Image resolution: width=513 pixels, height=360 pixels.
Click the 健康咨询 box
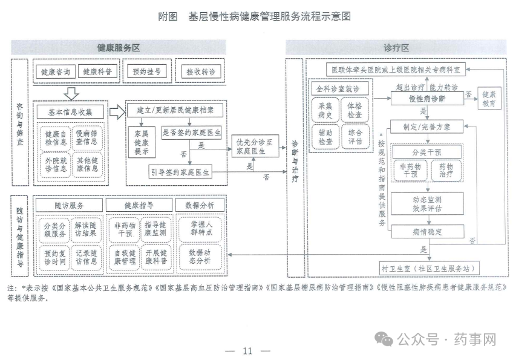[x=56, y=72]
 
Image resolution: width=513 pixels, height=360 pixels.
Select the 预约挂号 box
[x=146, y=72]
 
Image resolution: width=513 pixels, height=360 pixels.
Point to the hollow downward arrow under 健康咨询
[x=71, y=93]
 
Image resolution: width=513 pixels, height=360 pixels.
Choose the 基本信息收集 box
[x=70, y=111]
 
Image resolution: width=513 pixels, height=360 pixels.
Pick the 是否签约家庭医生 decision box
[x=192, y=132]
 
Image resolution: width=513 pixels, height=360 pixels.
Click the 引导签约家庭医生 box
[x=180, y=172]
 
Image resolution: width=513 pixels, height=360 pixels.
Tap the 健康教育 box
[x=489, y=99]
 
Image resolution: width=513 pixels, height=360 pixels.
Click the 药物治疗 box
[x=449, y=169]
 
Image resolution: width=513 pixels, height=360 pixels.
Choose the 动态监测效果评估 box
[x=427, y=203]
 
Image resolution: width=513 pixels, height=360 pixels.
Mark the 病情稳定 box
[x=427, y=232]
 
